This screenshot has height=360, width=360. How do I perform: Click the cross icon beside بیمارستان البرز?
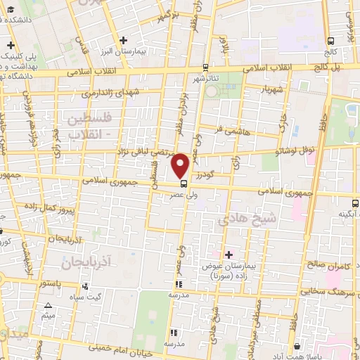pyautogui.click(x=124, y=41)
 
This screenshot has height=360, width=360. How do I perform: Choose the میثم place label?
pyautogui.click(x=48, y=316)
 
